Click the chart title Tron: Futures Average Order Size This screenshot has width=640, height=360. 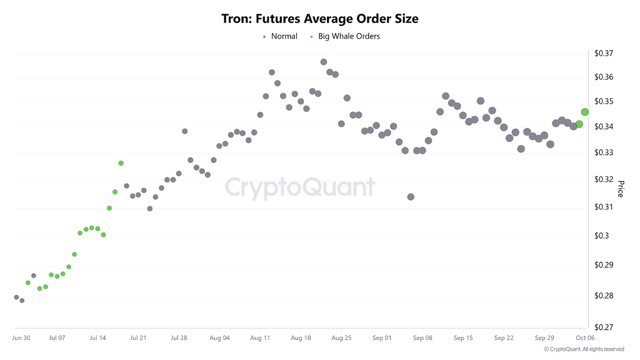320,19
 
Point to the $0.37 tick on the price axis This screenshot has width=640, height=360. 604,53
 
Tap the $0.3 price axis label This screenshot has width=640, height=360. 601,236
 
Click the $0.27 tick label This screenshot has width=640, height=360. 604,327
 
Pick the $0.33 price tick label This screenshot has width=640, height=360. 604,152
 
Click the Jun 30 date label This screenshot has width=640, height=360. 21,338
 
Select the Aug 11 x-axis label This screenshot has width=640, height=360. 260,338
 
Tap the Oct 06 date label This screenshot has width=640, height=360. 584,338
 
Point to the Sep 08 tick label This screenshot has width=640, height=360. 422,338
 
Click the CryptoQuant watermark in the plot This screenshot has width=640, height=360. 299,187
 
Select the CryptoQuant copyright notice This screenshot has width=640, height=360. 584,349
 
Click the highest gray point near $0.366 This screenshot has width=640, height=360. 324,62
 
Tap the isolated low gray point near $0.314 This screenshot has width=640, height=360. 411,197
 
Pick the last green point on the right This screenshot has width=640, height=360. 585,112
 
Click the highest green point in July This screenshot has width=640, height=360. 121,163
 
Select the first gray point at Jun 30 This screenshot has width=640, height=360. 16,297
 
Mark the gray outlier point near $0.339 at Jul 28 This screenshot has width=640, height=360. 185,131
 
